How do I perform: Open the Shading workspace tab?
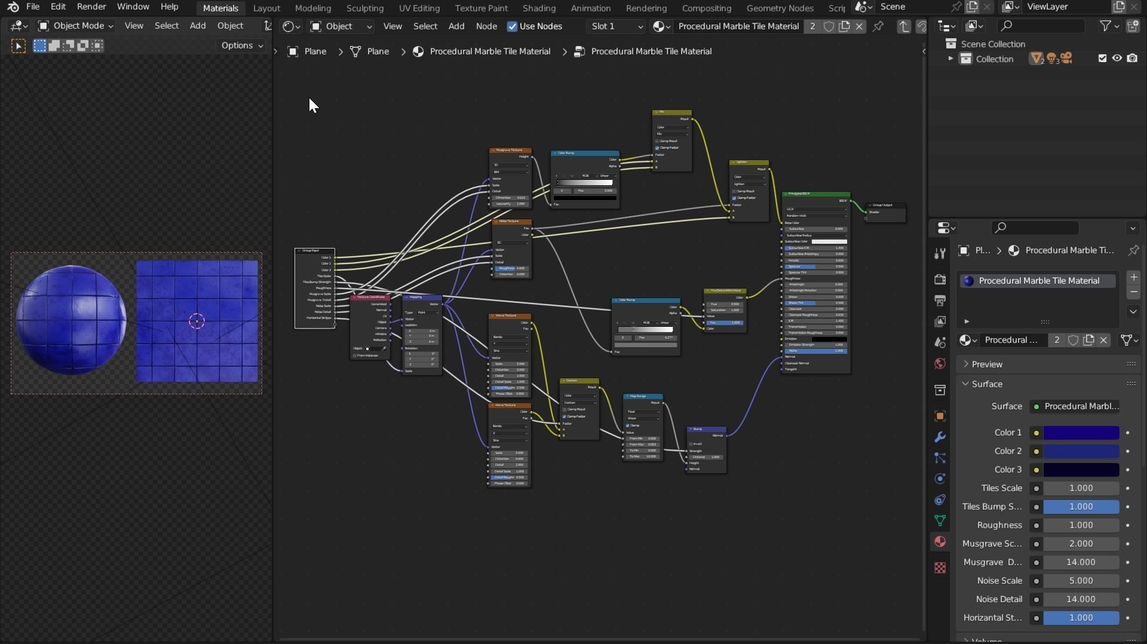coord(538,8)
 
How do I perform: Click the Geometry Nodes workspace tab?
coord(780,8)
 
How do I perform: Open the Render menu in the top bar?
coord(91,7)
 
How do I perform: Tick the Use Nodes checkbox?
coord(512,26)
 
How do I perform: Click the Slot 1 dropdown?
coord(616,26)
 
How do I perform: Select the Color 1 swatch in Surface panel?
coord(1081,433)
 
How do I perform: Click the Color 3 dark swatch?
coord(1081,470)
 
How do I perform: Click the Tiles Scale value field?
coord(1081,488)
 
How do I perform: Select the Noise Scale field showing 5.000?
coord(1081,581)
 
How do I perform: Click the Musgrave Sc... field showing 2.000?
coord(1081,544)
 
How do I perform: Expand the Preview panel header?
coord(987,364)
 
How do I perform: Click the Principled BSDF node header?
coord(815,194)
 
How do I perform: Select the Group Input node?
coord(314,251)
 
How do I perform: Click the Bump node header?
coord(706,429)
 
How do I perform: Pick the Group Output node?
coord(885,205)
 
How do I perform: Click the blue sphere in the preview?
coord(71,320)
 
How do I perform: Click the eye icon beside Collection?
coord(1117,59)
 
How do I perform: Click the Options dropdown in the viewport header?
coord(241,45)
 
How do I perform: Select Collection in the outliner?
coord(994,59)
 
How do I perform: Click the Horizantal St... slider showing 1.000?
coord(1081,618)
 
